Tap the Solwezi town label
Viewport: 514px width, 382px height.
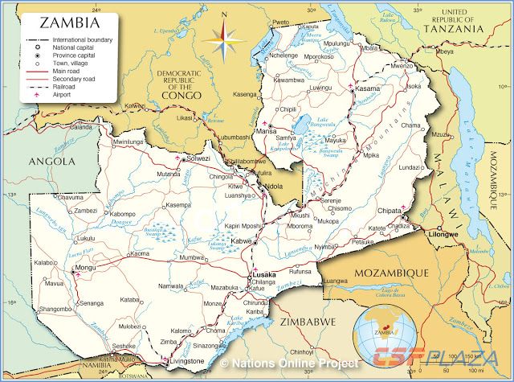click(x=198, y=158)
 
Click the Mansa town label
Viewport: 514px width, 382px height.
click(x=266, y=129)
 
